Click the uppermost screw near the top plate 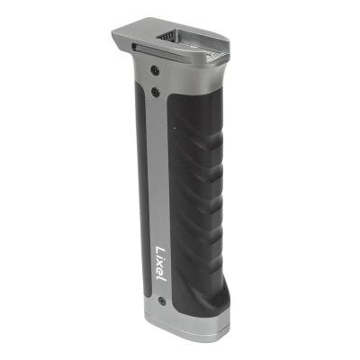(156, 70)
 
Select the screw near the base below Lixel (161, 301)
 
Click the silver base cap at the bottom (184, 326)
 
